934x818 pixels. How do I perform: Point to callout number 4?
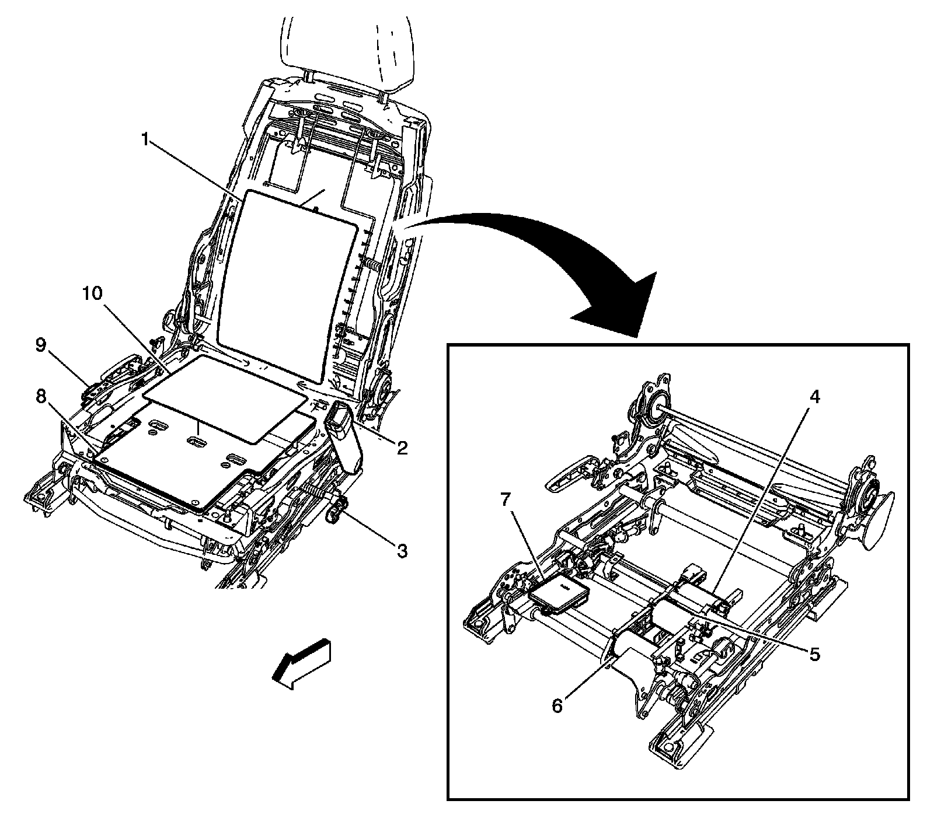(x=815, y=397)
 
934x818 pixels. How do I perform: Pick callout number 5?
(x=814, y=654)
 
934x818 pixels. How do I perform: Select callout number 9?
(x=40, y=345)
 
